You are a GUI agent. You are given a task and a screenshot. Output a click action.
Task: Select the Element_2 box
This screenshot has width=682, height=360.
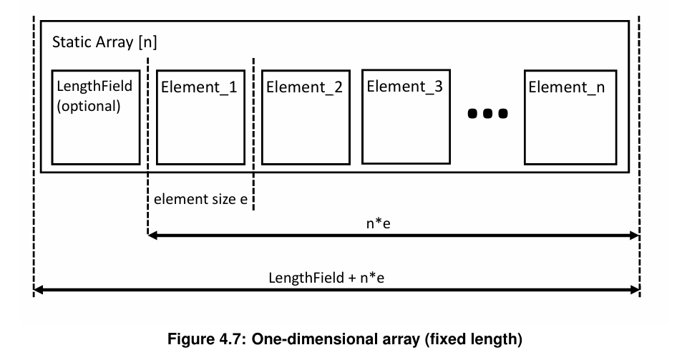click(x=304, y=117)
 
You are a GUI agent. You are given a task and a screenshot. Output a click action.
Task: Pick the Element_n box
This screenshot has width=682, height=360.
click(x=570, y=117)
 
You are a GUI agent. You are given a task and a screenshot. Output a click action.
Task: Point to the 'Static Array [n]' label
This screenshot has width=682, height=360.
click(x=104, y=42)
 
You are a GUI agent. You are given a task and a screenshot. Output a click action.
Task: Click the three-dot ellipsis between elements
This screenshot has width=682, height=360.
click(x=487, y=113)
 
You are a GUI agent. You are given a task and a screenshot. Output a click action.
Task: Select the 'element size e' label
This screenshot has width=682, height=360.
click(x=200, y=199)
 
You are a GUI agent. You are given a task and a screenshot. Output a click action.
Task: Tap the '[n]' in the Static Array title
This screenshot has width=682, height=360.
click(x=147, y=42)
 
